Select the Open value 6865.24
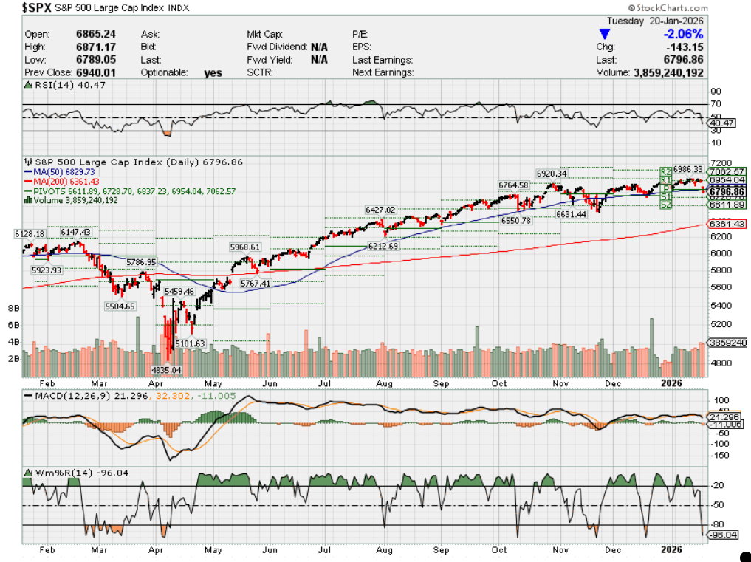pos(96,35)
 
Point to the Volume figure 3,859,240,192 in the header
pos(668,73)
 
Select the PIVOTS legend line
pos(130,191)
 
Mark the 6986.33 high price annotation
pos(687,169)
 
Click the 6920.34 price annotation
pos(552,174)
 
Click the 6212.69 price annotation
pos(383,246)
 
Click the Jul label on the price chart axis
pos(325,383)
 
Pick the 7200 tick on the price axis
pos(719,162)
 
